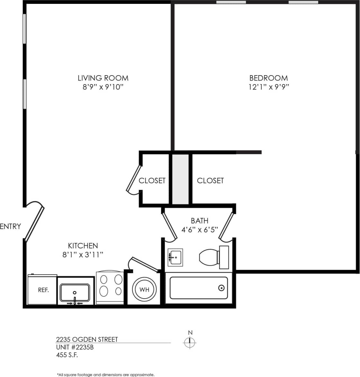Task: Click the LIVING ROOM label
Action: point(103,78)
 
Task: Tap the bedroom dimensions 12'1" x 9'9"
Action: point(269,87)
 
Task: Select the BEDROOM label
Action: point(269,78)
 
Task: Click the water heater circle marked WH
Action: point(144,289)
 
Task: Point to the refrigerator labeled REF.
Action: point(43,290)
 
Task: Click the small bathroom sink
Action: point(175,257)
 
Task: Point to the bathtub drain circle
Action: point(221,288)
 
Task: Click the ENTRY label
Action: point(10,226)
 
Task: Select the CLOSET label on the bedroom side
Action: point(210,181)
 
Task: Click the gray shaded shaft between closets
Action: point(180,179)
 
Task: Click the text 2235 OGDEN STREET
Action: point(87,339)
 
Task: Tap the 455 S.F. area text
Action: point(67,355)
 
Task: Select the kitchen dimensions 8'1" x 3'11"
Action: point(83,255)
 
